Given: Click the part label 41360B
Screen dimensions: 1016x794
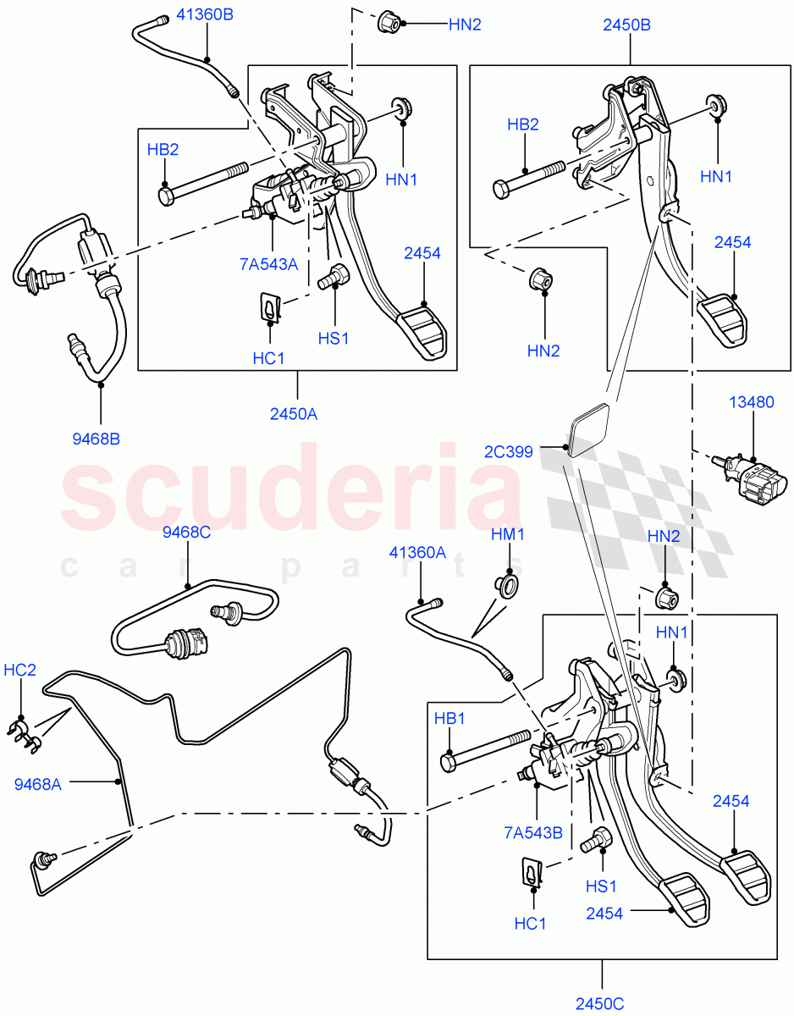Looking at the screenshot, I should pyautogui.click(x=207, y=14).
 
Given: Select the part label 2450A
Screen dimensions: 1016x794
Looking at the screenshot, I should pyautogui.click(x=295, y=414).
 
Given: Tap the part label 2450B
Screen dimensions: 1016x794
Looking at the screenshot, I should pyautogui.click(x=626, y=25).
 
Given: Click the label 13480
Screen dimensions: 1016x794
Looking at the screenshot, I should pyautogui.click(x=752, y=402).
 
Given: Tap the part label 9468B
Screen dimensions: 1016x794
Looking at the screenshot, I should pyautogui.click(x=96, y=439).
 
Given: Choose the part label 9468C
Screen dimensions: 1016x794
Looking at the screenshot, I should pyautogui.click(x=186, y=533).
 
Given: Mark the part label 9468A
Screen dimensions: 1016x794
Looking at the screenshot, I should pyautogui.click(x=38, y=785).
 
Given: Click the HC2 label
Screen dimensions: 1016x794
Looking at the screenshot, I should pyautogui.click(x=19, y=669).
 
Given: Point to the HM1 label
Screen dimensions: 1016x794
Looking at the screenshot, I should pyautogui.click(x=508, y=534).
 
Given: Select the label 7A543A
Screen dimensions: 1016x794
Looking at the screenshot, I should pyautogui.click(x=270, y=264).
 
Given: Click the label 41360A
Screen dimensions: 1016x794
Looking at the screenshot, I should pyautogui.click(x=417, y=552).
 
